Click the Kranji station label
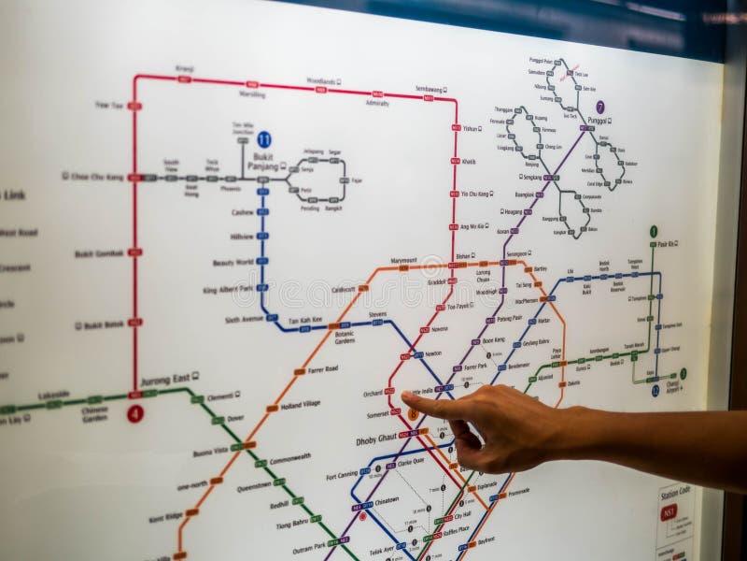185,68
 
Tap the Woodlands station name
320,81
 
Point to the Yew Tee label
108,105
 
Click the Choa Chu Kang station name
97,176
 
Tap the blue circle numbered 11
264,138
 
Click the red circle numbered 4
135,413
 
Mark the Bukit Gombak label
99,253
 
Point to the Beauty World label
233,263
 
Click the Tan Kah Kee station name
304,321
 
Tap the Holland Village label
300,404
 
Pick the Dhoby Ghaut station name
376,439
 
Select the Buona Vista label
210,453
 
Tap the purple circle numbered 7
599,108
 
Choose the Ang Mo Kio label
472,226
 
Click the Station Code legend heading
675,493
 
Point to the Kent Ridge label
165,516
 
